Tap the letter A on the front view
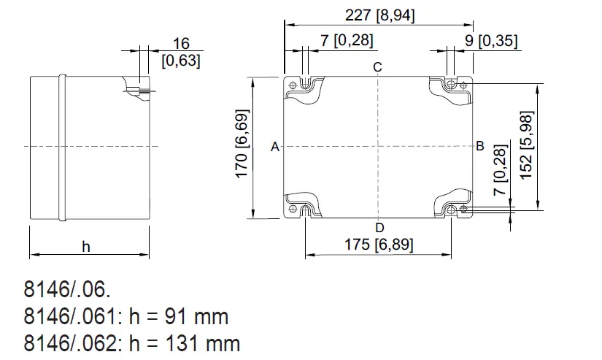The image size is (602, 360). pos(275,147)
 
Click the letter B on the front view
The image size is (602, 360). pos(479,145)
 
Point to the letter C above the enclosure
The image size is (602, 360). pos(377,68)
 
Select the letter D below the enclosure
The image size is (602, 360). pos(379,228)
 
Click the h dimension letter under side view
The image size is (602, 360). pos(86,247)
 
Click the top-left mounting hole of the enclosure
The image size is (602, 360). pos(294,86)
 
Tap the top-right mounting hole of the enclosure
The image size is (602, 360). pos(463,85)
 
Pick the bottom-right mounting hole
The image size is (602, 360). pos(463,209)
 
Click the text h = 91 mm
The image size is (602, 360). pos(178,316)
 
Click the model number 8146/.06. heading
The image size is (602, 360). pos(68,290)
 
